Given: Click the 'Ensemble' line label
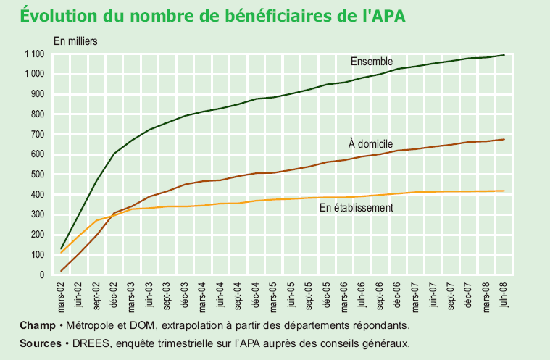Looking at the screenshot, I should tap(372, 60).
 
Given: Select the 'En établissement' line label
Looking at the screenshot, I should tap(356, 208).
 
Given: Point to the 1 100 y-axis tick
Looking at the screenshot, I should tap(34, 54).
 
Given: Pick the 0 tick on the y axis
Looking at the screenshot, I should tap(43, 275).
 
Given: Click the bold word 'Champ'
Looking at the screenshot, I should tap(37, 325).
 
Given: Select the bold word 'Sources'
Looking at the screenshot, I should tap(40, 343).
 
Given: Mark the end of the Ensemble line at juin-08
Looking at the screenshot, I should tap(504, 55).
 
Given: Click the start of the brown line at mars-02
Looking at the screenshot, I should tap(62, 271).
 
